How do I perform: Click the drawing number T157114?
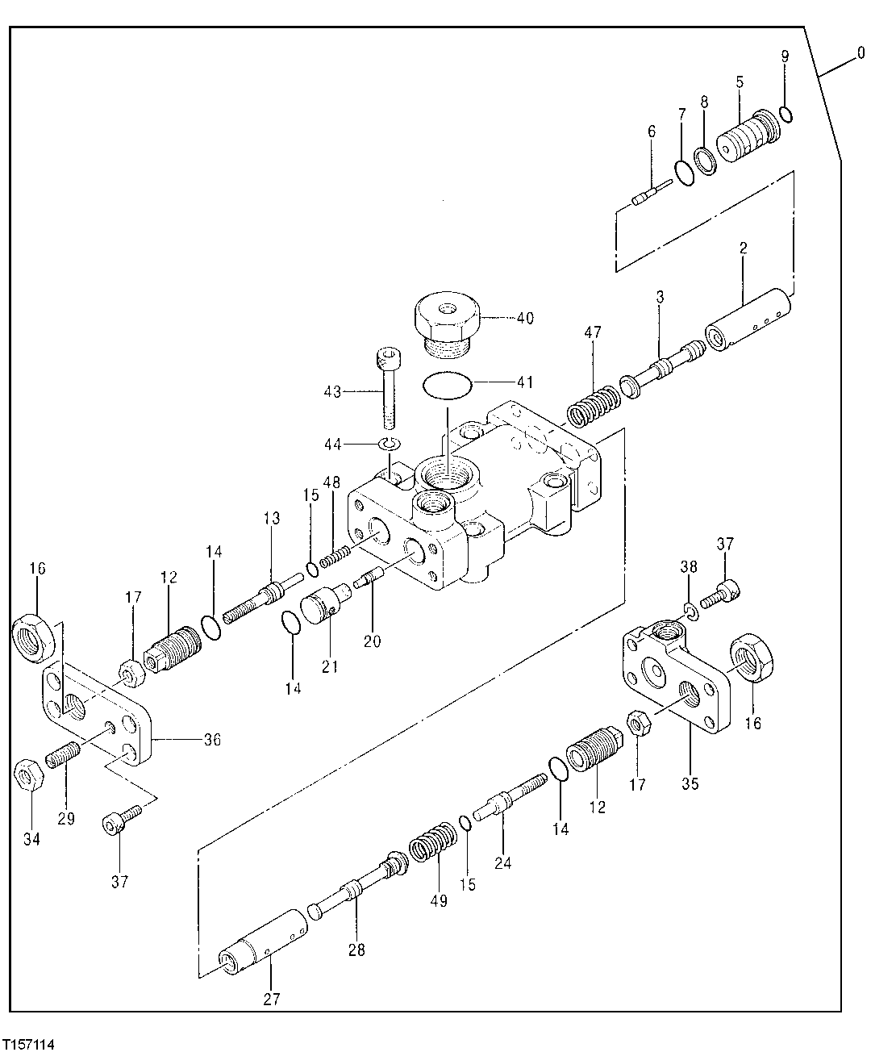tap(29, 1044)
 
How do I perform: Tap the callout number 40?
tap(524, 318)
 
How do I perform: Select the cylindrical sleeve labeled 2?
tap(747, 323)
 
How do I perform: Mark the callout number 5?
tap(739, 81)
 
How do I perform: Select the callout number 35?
tap(690, 783)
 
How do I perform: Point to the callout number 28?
tap(356, 950)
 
